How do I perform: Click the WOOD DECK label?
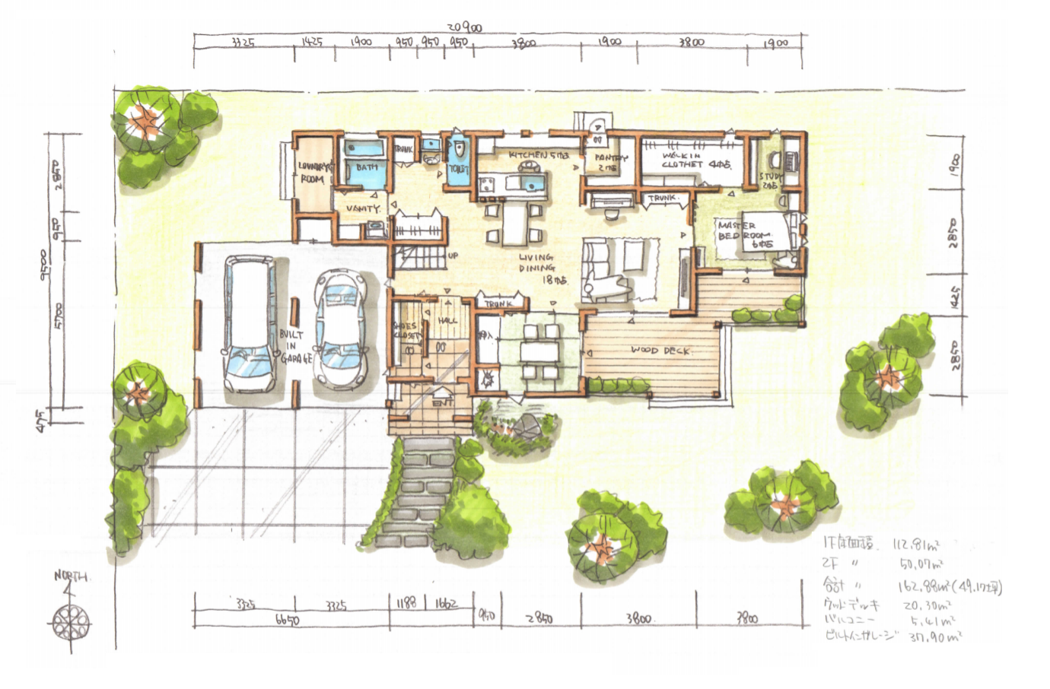pos(660,351)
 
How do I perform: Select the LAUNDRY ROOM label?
pos(312,173)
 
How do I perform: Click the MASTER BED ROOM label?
pos(745,235)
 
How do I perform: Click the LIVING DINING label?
pos(538,268)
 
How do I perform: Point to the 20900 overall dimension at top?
pos(463,27)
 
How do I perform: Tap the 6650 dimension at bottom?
pos(286,621)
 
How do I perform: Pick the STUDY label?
pos(769,180)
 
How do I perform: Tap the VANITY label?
pos(362,208)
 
